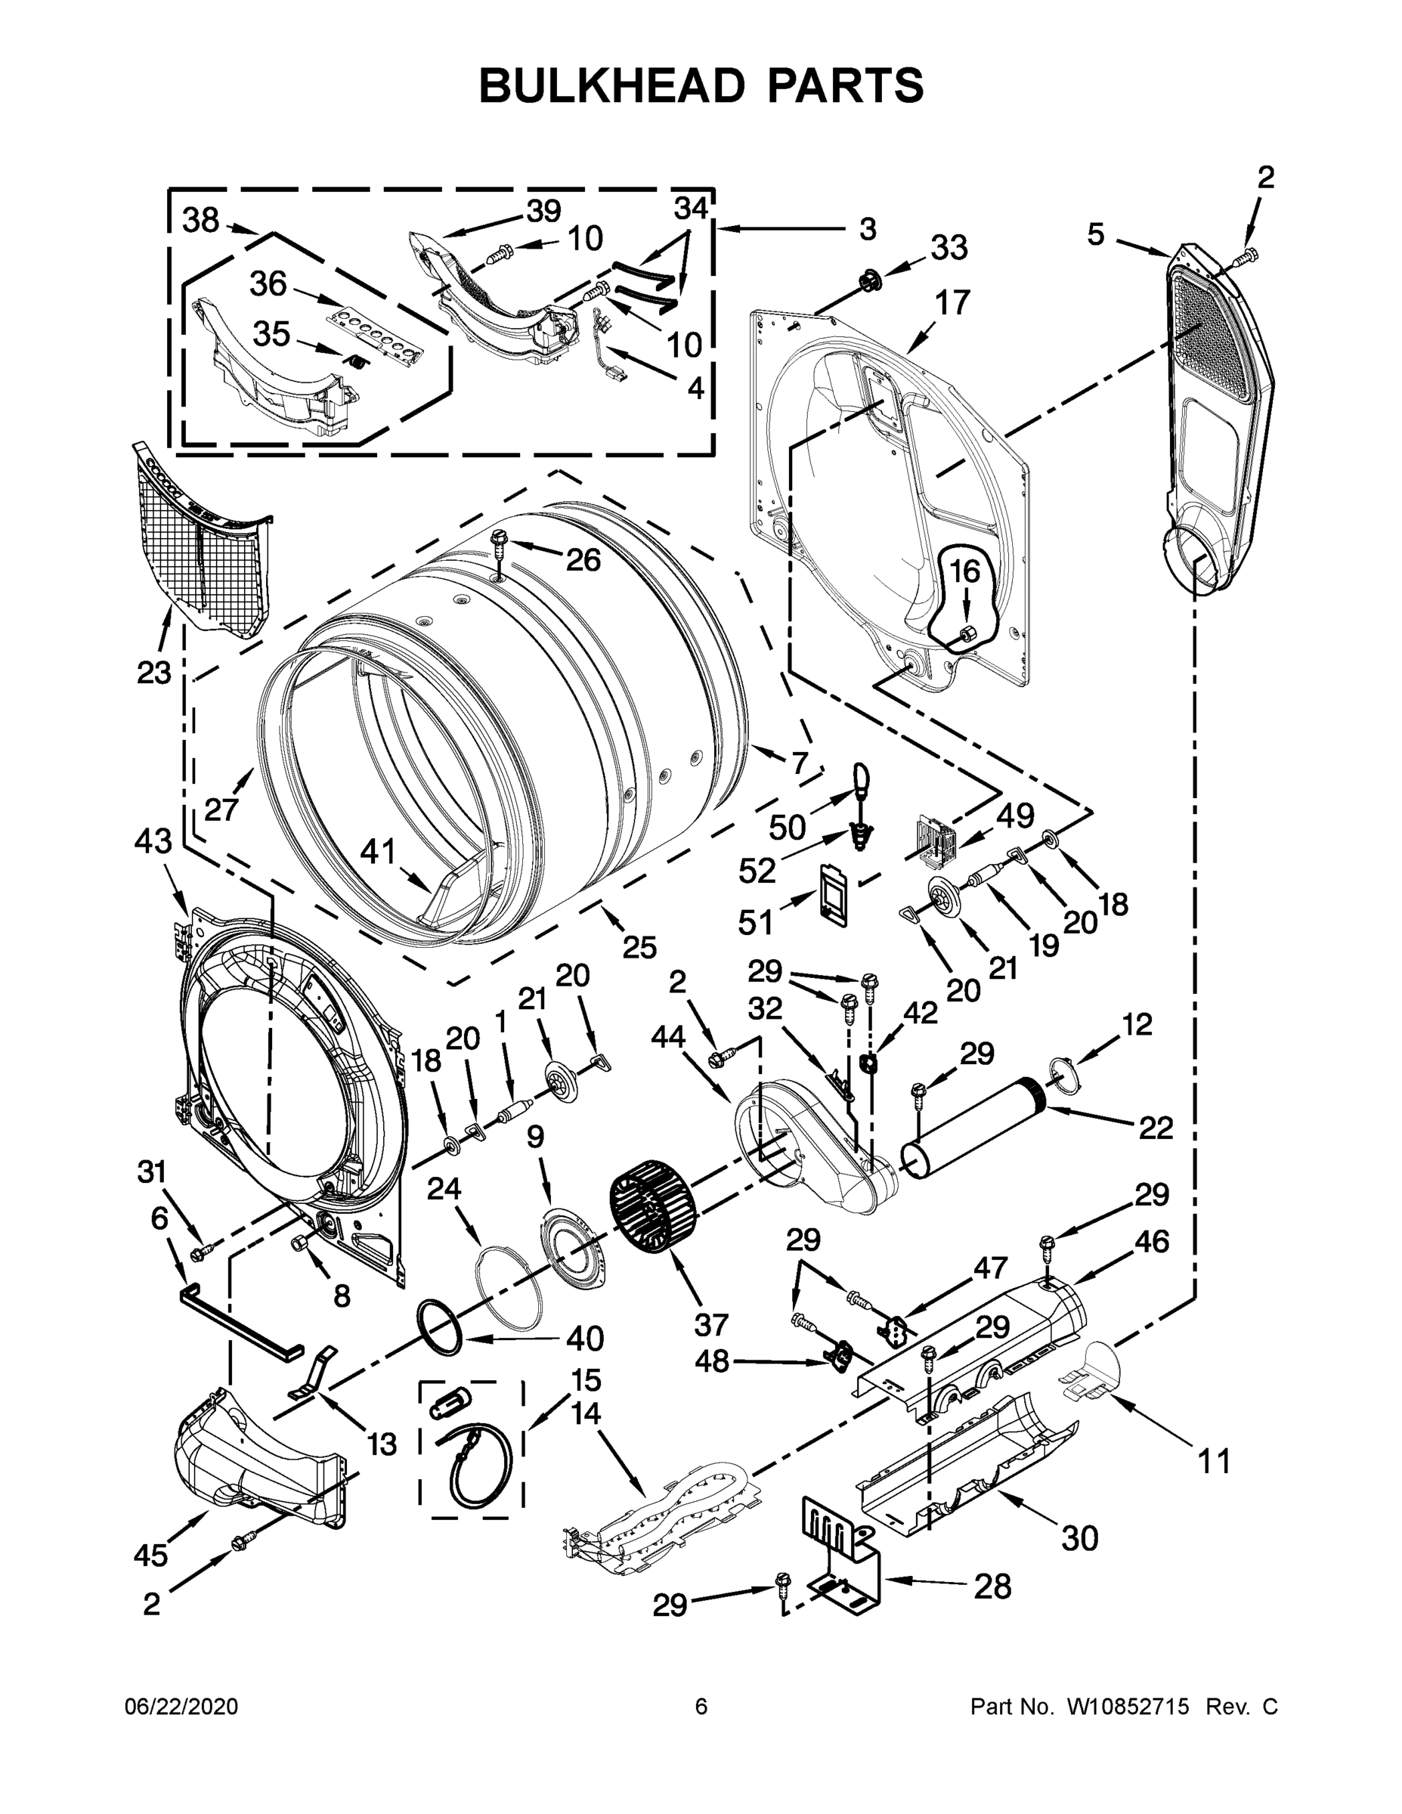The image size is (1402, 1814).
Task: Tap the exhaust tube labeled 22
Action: [972, 1128]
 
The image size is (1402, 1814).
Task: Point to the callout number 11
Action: [1214, 1460]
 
